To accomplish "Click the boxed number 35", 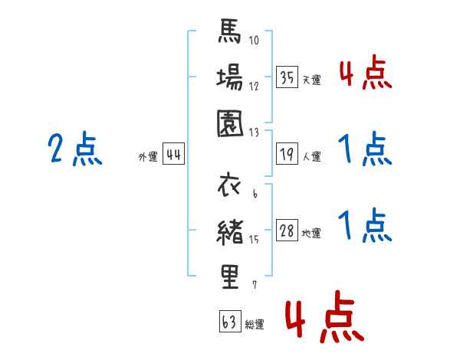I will point(287,77).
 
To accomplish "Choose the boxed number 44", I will point(173,155).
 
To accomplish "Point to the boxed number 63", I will point(229,322).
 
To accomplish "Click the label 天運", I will point(311,80).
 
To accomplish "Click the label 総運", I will point(255,324).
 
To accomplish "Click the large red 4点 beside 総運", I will point(324,317).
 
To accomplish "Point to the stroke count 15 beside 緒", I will point(253,239).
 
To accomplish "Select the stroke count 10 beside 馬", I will point(254,41).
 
